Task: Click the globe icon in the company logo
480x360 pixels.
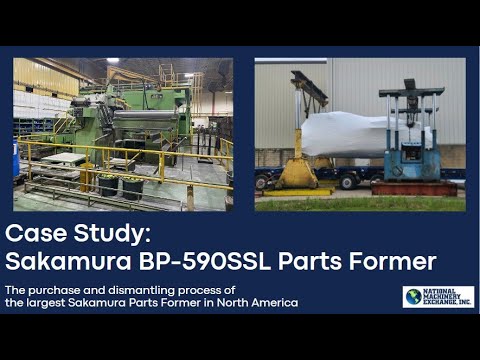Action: [x=412, y=297]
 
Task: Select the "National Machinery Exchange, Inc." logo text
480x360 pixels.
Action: [x=447, y=297]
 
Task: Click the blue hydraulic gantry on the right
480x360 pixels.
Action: [x=409, y=135]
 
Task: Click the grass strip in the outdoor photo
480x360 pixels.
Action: [x=360, y=202]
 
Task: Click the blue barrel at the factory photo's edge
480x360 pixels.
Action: [x=17, y=160]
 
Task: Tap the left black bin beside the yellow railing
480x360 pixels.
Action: [x=108, y=185]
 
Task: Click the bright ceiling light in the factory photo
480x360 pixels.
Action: [x=112, y=61]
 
